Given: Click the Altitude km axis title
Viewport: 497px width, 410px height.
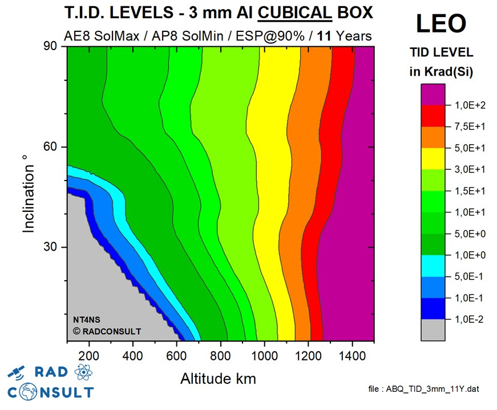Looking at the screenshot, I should tap(218, 378).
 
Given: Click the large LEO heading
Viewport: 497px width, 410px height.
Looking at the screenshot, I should tap(441, 23).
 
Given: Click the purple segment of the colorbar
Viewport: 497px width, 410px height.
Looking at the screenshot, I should tap(433, 94).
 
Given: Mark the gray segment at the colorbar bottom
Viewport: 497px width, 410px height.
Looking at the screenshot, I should tap(433, 330).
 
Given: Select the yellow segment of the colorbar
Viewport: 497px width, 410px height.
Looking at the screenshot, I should tap(433, 158).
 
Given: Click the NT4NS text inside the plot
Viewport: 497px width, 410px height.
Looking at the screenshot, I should tap(87, 320).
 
